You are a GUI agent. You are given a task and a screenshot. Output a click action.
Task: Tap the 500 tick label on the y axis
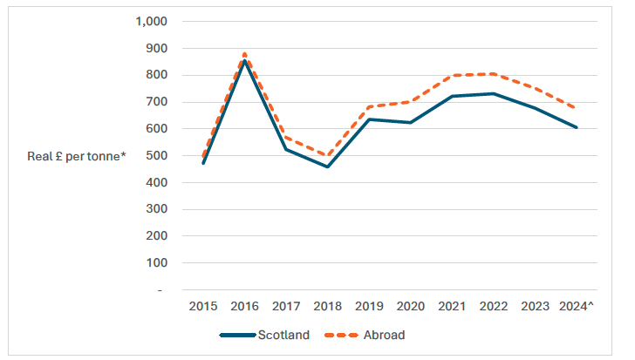pos(162,156)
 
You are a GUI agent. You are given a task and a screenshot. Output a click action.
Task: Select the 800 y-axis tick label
pos(162,75)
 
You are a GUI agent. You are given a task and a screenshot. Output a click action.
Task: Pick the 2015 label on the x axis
pos(203,306)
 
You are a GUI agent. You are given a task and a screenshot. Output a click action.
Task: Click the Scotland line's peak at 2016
pos(244,61)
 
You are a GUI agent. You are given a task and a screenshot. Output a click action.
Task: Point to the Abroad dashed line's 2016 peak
pos(244,53)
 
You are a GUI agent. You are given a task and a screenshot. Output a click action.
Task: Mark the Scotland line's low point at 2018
pos(326,166)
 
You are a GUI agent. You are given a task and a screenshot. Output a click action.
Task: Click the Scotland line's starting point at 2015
pos(203,163)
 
